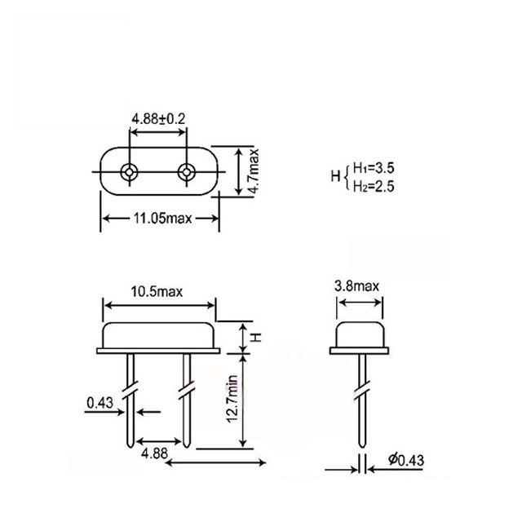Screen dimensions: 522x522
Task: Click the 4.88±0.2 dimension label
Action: click(159, 118)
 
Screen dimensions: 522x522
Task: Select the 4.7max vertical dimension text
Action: click(254, 170)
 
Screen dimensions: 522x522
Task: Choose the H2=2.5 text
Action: click(373, 186)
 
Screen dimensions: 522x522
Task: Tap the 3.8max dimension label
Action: click(357, 286)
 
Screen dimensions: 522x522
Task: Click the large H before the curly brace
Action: click(334, 177)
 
